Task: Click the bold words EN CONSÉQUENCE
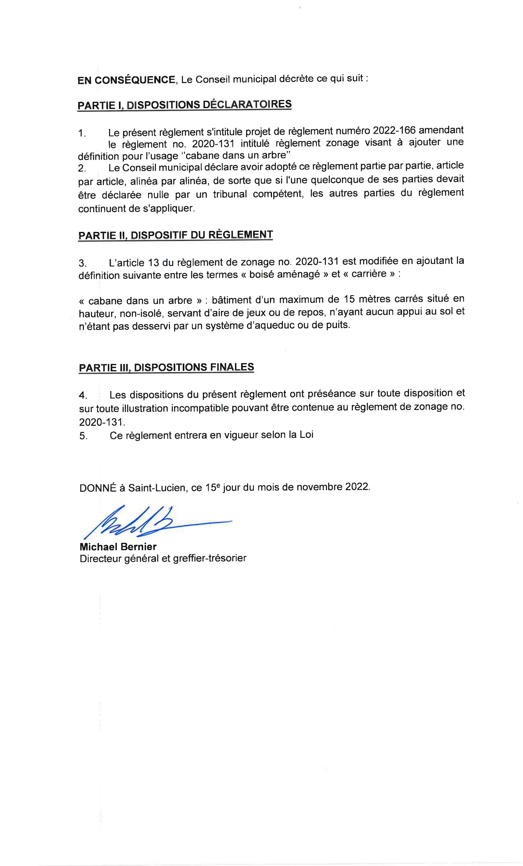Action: tap(126, 80)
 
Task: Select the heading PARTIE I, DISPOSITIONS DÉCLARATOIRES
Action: tap(184, 105)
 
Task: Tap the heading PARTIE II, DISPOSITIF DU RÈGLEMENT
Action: tap(175, 235)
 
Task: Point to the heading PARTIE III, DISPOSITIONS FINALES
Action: tap(166, 367)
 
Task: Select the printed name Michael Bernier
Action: tap(118, 546)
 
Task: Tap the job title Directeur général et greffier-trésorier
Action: tap(163, 558)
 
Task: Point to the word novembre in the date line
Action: tap(319, 487)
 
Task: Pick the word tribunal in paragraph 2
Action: tap(230, 194)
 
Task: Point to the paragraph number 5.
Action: tap(83, 436)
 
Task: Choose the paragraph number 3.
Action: tap(82, 263)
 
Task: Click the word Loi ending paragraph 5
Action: tap(307, 435)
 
